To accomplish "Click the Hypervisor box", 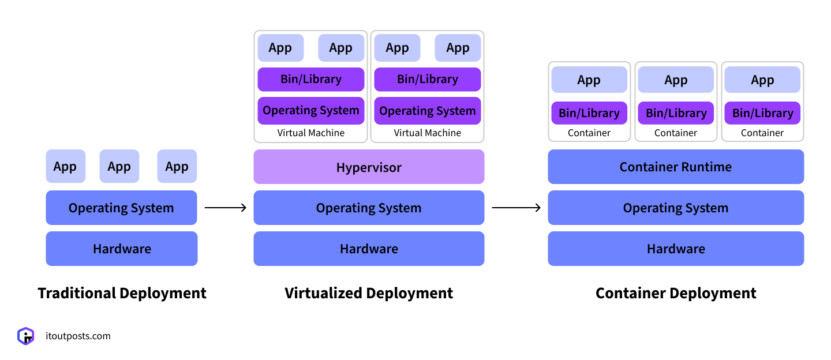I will (369, 167).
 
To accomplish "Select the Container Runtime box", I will (676, 167).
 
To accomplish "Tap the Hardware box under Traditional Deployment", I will (122, 249).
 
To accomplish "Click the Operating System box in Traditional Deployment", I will (121, 208).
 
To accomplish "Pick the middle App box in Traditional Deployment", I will (119, 167).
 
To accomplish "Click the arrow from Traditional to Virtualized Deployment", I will (226, 208).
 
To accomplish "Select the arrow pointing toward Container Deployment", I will (516, 208).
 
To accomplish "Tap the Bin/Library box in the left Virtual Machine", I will (311, 80).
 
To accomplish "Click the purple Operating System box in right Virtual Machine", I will (427, 111).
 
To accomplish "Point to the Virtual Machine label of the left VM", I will (311, 133).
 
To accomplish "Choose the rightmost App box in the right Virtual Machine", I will (458, 48).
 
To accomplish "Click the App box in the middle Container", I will (676, 80).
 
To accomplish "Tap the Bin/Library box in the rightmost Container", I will (762, 114).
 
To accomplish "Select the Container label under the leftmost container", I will (589, 133).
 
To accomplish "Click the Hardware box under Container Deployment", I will (676, 249).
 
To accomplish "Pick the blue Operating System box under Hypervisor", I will (369, 208).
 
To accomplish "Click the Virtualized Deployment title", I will (369, 293).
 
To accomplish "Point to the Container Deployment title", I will (676, 293).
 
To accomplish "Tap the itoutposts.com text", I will (78, 336).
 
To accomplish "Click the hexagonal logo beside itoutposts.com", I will (26, 336).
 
